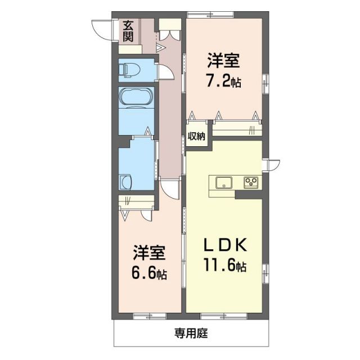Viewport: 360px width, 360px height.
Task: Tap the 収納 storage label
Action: tap(196, 136)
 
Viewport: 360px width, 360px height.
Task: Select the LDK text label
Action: tap(224, 246)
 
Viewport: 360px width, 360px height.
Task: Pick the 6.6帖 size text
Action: tap(149, 274)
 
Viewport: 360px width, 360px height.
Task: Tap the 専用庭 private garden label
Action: tap(190, 334)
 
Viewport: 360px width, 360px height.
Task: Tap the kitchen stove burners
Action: tap(250, 182)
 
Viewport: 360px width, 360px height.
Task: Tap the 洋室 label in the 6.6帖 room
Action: tap(149, 253)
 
